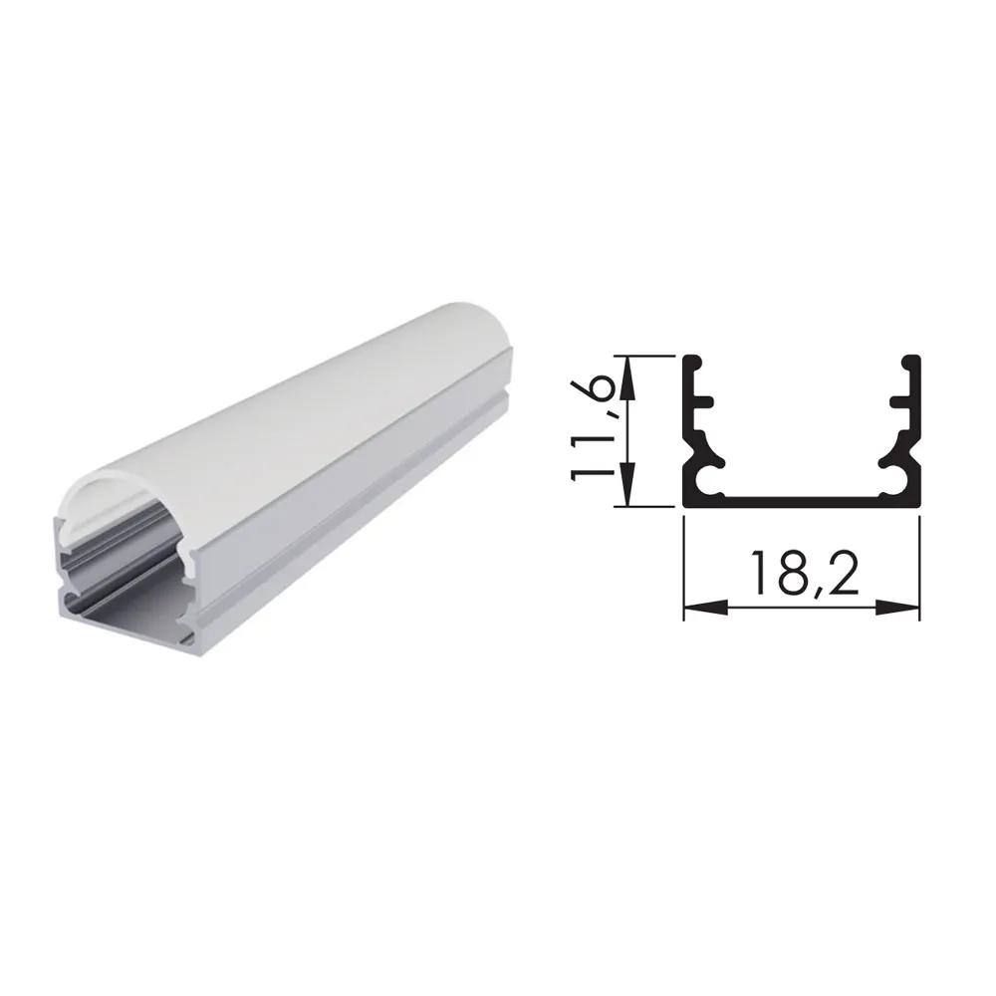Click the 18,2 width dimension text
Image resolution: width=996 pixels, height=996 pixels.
pos(803,573)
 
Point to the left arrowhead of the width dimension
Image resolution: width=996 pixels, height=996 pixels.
pos(705,608)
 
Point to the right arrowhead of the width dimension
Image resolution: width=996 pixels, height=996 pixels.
pos(898,608)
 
